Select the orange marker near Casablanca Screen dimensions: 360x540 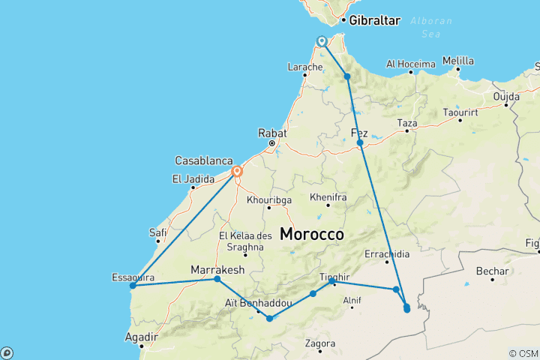[x=237, y=172]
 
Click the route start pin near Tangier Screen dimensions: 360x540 [x=322, y=41]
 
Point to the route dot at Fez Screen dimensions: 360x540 [x=360, y=142]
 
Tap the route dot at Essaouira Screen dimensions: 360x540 [x=132, y=286]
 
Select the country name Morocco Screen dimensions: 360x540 [x=312, y=234]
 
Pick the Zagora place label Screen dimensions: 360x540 [x=320, y=344]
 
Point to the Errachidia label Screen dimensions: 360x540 [x=387, y=254]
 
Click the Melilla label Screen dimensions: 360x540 [x=458, y=61]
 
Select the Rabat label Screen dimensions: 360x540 [x=273, y=133]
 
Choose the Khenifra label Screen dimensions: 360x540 [x=328, y=197]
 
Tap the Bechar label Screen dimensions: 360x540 [x=492, y=271]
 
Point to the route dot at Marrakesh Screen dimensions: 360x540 [x=217, y=279]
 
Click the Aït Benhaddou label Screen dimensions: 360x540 [x=258, y=302]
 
